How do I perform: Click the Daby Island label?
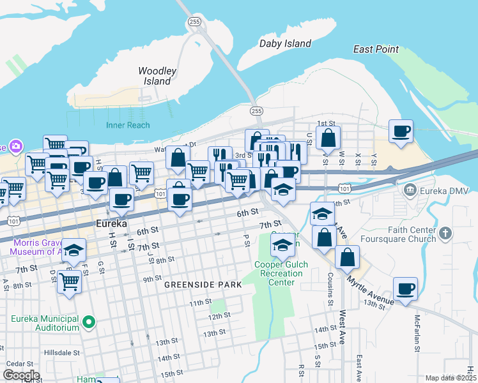pyautogui.click(x=285, y=43)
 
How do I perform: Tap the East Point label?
pyautogui.click(x=376, y=49)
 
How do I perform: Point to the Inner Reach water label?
pyautogui.click(x=128, y=125)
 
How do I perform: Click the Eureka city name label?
pyautogui.click(x=113, y=224)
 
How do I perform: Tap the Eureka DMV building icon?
pyautogui.click(x=410, y=190)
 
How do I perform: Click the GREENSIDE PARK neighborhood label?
pyautogui.click(x=203, y=285)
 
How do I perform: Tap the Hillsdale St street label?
pyautogui.click(x=61, y=352)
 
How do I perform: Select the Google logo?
pyautogui.click(x=21, y=375)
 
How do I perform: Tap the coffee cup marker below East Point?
pyautogui.click(x=401, y=131)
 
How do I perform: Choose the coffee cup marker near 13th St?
pyautogui.click(x=406, y=288)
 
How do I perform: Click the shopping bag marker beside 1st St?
pyautogui.click(x=328, y=137)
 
